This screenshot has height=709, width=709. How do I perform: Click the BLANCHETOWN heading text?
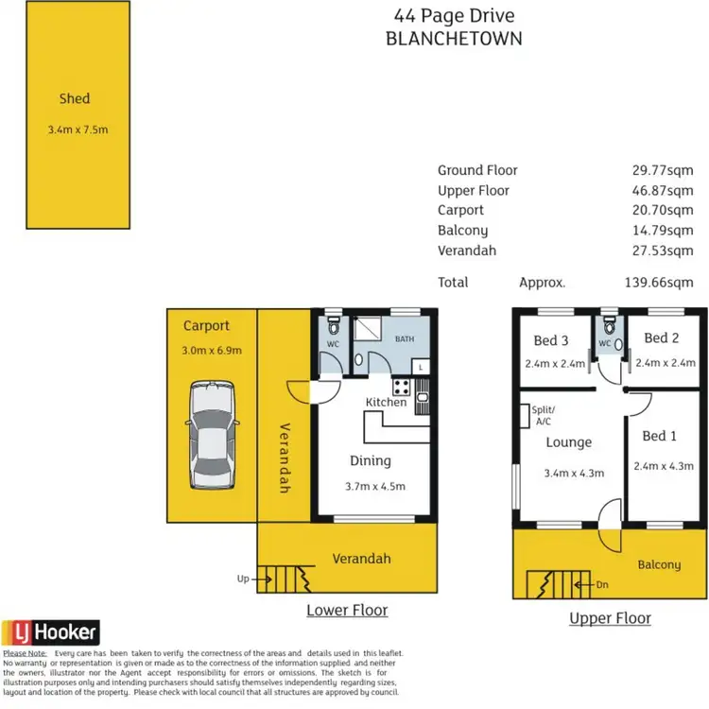click(454, 39)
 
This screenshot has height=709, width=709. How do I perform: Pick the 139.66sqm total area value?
click(659, 282)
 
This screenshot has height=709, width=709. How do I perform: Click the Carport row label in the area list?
click(460, 210)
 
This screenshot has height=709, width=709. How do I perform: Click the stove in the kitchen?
click(400, 386)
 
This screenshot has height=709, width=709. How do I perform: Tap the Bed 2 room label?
click(662, 338)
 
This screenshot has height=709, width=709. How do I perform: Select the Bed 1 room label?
click(659, 436)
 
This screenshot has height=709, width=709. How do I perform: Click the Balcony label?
click(659, 564)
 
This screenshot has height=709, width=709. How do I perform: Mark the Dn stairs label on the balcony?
click(602, 585)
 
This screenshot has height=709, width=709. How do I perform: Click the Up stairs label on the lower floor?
click(243, 579)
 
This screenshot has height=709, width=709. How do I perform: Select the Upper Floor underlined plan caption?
click(610, 618)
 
